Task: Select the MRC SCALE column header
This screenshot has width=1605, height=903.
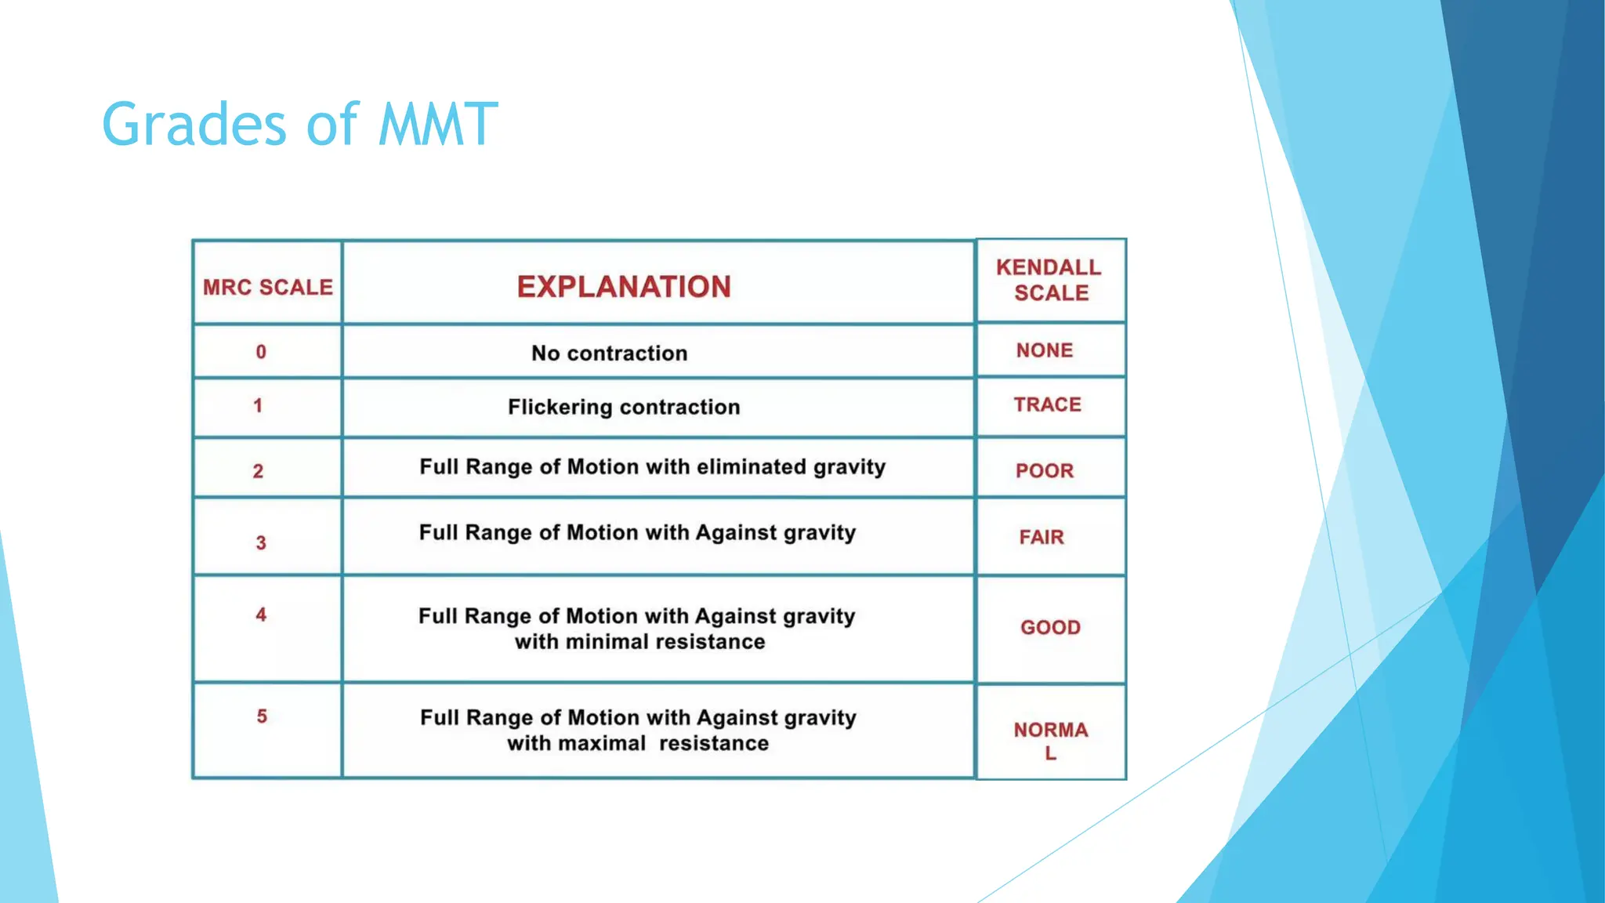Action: pyautogui.click(x=268, y=288)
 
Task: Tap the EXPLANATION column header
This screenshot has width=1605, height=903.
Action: pyautogui.click(x=624, y=287)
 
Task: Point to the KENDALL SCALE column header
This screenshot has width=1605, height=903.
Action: pyautogui.click(x=1049, y=280)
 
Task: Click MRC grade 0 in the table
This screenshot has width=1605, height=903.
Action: pyautogui.click(x=261, y=352)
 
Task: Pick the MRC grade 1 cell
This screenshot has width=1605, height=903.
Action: pyautogui.click(x=258, y=406)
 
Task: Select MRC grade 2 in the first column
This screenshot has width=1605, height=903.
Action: pyautogui.click(x=258, y=471)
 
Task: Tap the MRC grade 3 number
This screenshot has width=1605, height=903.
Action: pyautogui.click(x=261, y=542)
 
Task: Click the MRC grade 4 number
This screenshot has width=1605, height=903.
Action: pyautogui.click(x=261, y=615)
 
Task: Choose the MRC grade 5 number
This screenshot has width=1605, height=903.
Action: pyautogui.click(x=262, y=716)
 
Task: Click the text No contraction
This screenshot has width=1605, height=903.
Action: pyautogui.click(x=610, y=354)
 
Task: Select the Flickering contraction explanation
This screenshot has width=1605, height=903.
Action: pyautogui.click(x=624, y=408)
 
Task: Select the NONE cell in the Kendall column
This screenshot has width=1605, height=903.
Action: pyautogui.click(x=1045, y=350)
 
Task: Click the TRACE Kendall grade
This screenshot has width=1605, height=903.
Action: pyautogui.click(x=1047, y=404)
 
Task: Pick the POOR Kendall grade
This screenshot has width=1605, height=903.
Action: pyautogui.click(x=1045, y=471)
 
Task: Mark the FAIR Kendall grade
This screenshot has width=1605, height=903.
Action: pyautogui.click(x=1042, y=538)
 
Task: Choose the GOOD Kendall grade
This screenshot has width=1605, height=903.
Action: pyautogui.click(x=1050, y=628)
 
